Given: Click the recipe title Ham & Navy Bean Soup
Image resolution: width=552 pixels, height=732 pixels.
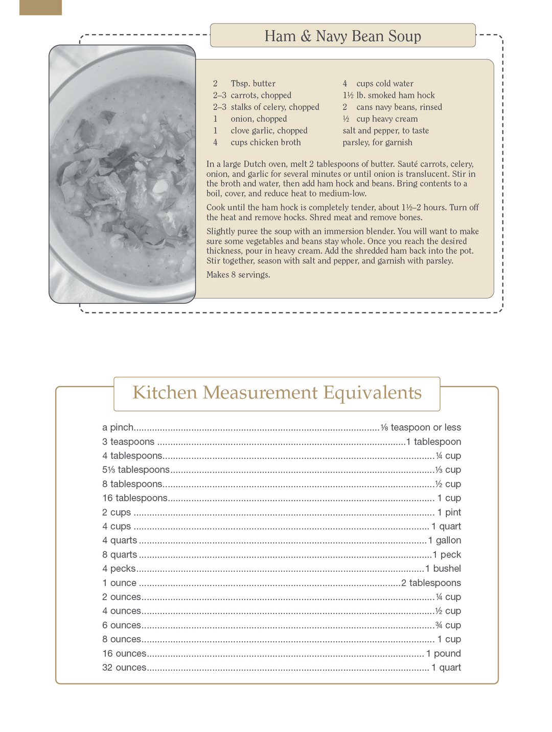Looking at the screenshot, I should click(x=342, y=36).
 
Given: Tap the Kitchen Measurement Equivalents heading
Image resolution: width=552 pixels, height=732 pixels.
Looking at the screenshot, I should click(x=277, y=393).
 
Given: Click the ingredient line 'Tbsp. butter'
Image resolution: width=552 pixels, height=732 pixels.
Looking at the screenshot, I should click(x=253, y=84).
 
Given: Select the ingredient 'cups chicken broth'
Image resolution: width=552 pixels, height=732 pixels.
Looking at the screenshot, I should click(x=265, y=142).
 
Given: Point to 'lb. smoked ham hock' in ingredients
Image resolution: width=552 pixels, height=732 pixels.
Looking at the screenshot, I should click(x=395, y=95).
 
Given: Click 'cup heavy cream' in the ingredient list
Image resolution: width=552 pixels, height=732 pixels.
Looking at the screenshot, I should click(x=387, y=119).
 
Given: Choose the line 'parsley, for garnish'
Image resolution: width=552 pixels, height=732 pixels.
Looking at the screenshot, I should click(x=377, y=142).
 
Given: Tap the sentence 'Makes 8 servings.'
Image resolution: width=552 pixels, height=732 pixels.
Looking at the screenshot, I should click(x=238, y=275).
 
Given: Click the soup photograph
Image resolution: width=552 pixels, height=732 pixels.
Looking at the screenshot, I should click(x=122, y=174).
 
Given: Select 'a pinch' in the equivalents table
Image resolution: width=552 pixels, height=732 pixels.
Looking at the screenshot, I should click(x=118, y=427).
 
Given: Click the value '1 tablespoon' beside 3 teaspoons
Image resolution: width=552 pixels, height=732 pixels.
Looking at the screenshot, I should click(x=433, y=442).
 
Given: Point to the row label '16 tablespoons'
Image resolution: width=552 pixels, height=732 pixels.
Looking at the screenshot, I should click(x=134, y=498).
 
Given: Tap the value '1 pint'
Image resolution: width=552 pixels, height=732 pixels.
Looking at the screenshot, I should click(x=449, y=513).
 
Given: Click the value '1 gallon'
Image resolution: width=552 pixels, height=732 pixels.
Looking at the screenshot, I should click(x=444, y=541).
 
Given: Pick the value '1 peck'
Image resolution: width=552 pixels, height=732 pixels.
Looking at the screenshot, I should click(x=447, y=555).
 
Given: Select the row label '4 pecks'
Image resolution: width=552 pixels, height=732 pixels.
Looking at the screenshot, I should click(x=119, y=569).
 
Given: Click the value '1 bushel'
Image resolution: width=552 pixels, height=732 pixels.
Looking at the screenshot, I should click(x=443, y=569).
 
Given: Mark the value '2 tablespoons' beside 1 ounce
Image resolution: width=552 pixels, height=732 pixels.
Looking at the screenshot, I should click(x=431, y=583).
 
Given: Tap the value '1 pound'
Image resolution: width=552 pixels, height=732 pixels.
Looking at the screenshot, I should click(x=444, y=653).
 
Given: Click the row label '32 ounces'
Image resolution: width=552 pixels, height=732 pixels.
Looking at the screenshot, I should click(x=124, y=668).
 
